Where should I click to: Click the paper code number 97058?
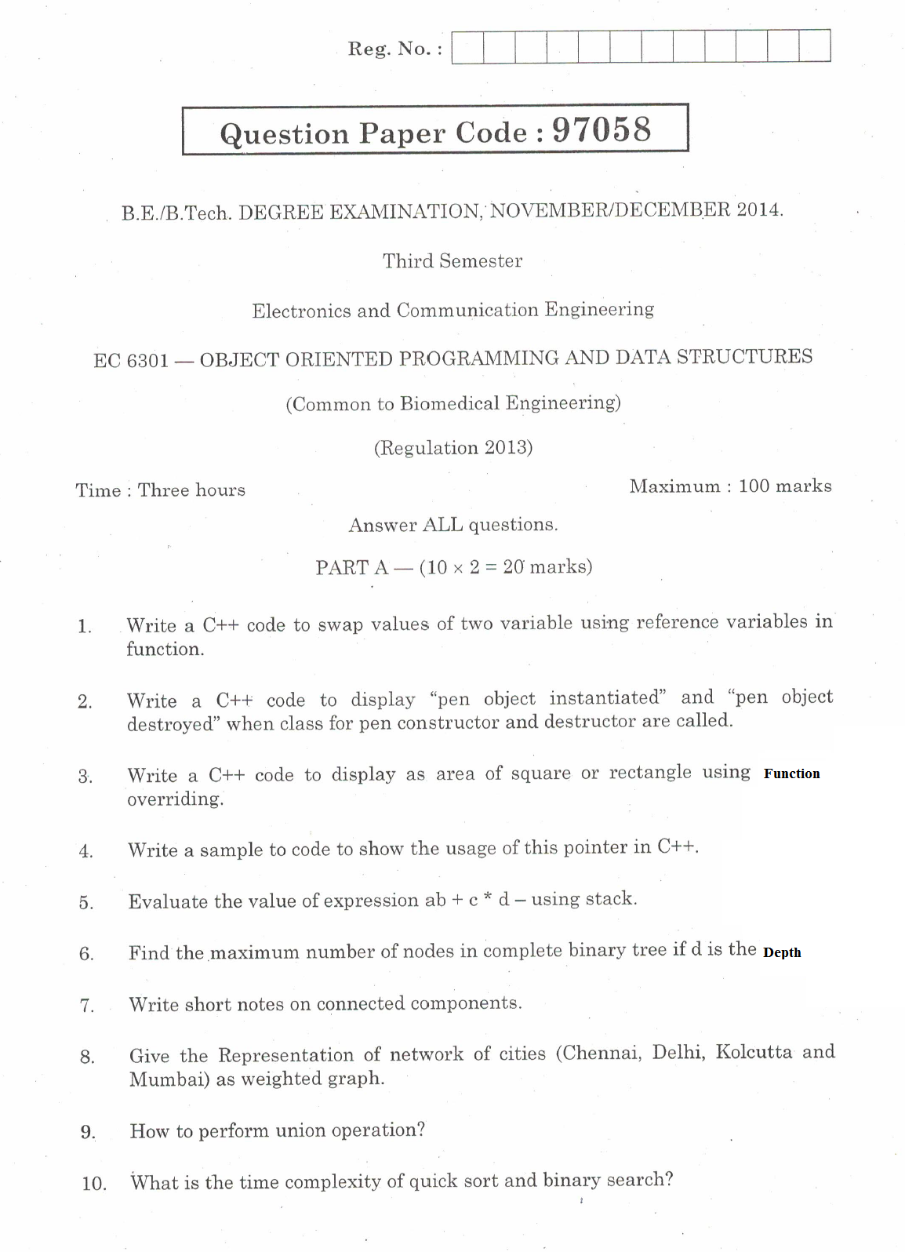[x=602, y=130]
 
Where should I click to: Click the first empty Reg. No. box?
[x=467, y=46]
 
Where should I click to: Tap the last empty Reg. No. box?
[x=815, y=46]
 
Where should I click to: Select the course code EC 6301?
[x=131, y=361]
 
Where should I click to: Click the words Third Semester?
[x=452, y=261]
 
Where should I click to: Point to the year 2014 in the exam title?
[x=758, y=209]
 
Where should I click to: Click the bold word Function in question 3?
[x=791, y=773]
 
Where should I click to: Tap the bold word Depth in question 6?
[x=782, y=952]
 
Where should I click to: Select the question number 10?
[x=94, y=1184]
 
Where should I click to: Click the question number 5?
[x=86, y=903]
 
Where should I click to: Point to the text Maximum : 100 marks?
[x=730, y=486]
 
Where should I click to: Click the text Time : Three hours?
[x=161, y=490]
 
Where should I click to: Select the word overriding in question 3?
[x=175, y=799]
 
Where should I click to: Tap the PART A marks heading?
[x=453, y=567]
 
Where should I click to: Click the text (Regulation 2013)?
[x=453, y=448]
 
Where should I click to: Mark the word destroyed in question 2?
[x=171, y=724]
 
